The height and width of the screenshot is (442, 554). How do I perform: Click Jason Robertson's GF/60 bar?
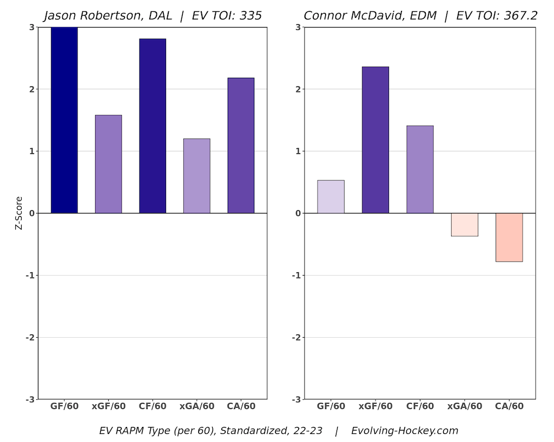coord(64,120)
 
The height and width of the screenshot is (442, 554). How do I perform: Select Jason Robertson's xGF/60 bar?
coord(108,164)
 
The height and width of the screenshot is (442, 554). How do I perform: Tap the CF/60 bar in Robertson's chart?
coord(153,126)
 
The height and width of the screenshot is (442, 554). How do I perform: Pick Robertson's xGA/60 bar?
coord(196,176)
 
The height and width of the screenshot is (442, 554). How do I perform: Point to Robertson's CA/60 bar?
coord(241,145)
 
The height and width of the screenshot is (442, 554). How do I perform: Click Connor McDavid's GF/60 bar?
coord(331,197)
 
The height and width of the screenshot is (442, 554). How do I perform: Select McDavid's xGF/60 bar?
coord(375,140)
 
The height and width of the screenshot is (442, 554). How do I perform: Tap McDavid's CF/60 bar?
coord(420,169)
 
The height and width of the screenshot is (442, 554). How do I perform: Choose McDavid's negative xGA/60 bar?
coord(464,225)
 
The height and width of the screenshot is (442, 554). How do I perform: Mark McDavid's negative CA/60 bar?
coord(509,237)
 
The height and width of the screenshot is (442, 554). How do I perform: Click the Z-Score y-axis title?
coord(19,213)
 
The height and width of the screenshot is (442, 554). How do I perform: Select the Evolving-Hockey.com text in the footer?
coord(404,431)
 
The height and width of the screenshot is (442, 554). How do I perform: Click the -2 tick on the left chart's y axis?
coord(30,338)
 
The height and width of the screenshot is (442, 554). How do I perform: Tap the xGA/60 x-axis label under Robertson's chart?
coord(196,406)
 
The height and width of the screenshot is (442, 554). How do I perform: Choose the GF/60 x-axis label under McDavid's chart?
coord(331,406)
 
